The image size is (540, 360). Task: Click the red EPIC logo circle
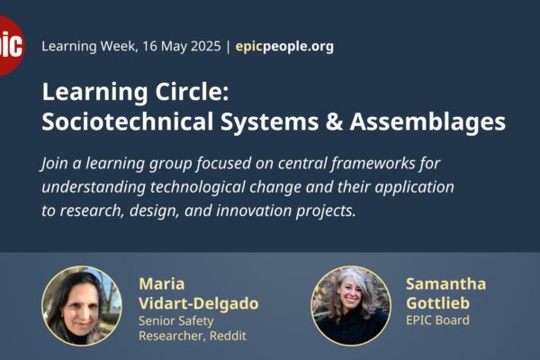[10, 46]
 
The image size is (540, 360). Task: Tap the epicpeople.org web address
[284, 46]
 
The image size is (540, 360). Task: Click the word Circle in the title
[192, 92]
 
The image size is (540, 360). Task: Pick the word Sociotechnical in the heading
[128, 121]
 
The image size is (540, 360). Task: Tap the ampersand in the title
[334, 122]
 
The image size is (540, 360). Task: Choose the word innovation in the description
[254, 211]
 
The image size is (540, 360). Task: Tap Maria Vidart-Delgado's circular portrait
[82, 306]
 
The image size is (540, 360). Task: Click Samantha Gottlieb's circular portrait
[351, 306]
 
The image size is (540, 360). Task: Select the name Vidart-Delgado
[198, 303]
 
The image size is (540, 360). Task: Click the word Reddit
[228, 336]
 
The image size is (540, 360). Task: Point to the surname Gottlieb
[437, 303]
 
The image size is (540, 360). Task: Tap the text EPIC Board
[437, 320]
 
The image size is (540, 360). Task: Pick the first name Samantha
[446, 283]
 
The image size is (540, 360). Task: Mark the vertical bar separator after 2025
[228, 47]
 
